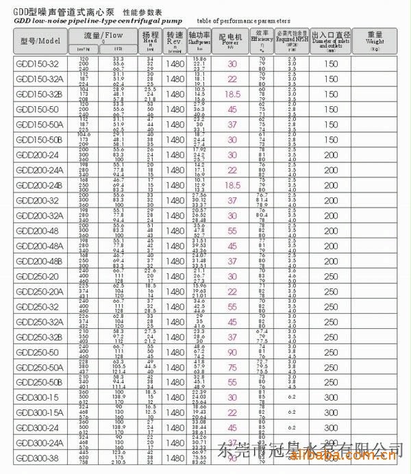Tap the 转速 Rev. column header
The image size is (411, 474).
pyautogui.click(x=175, y=39)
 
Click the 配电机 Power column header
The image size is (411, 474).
pyautogui.click(x=232, y=39)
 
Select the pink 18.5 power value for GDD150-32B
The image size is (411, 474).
pyautogui.click(x=232, y=94)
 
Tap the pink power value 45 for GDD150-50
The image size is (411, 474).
pyautogui.click(x=232, y=109)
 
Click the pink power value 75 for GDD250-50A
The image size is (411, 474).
pyautogui.click(x=232, y=367)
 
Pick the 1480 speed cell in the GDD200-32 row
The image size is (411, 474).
pyautogui.click(x=175, y=200)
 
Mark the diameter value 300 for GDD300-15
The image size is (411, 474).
pyautogui.click(x=332, y=397)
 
